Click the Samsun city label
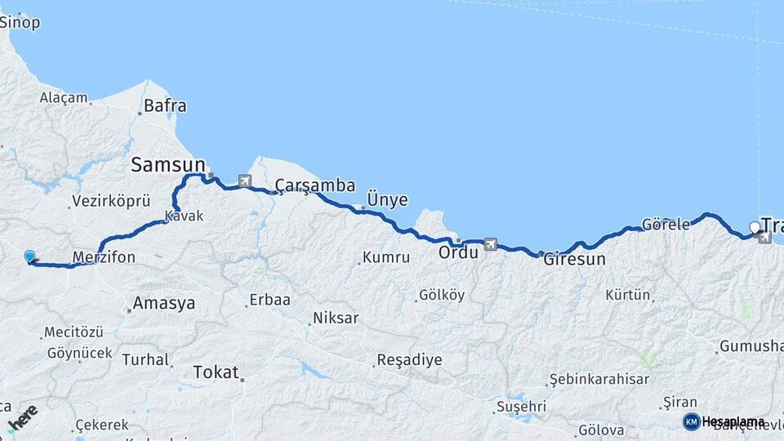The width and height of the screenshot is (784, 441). pyautogui.click(x=167, y=165)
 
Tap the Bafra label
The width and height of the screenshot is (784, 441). pyautogui.click(x=165, y=105)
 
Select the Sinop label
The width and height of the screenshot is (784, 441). pyautogui.click(x=19, y=23)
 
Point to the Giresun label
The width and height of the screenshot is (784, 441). pyautogui.click(x=576, y=260)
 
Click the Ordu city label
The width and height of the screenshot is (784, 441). pyautogui.click(x=458, y=252)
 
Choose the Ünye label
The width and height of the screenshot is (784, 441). pyautogui.click(x=387, y=200)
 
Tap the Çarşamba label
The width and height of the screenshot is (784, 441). pyautogui.click(x=315, y=185)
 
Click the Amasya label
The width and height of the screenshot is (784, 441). pyautogui.click(x=164, y=303)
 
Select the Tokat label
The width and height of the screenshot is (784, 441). pyautogui.click(x=216, y=372)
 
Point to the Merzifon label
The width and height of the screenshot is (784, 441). pyautogui.click(x=104, y=258)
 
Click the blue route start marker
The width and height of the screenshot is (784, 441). pyautogui.click(x=29, y=256)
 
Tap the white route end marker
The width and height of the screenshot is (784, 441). pyautogui.click(x=755, y=227)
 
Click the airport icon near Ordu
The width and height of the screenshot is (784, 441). pyautogui.click(x=490, y=243)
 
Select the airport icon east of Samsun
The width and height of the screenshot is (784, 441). pyautogui.click(x=244, y=180)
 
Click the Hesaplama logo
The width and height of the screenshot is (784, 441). pyautogui.click(x=724, y=421)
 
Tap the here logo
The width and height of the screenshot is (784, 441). pyautogui.click(x=22, y=416)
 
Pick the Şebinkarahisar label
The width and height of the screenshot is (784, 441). pyautogui.click(x=599, y=379)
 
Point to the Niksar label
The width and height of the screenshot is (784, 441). pyautogui.click(x=335, y=318)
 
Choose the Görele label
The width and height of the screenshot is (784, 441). pyautogui.click(x=666, y=224)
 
